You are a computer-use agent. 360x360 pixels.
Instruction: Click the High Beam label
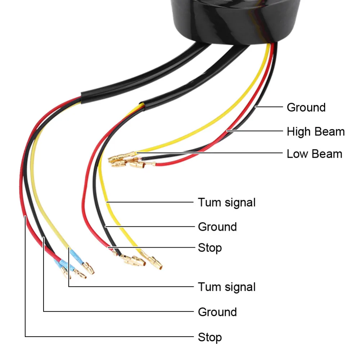pyautogui.click(x=315, y=132)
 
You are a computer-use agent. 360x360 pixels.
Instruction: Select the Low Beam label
pyautogui.click(x=314, y=154)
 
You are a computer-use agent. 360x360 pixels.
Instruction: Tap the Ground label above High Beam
pyautogui.click(x=306, y=107)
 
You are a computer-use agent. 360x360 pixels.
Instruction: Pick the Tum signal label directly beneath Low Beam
pyautogui.click(x=226, y=202)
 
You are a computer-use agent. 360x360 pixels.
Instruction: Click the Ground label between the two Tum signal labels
pyautogui.click(x=217, y=227)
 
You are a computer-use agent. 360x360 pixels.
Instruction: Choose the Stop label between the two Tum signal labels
pyautogui.click(x=210, y=248)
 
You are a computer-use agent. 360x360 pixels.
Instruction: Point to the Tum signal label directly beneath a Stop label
pyautogui.click(x=226, y=287)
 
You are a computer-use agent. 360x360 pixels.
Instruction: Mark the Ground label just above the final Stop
pyautogui.click(x=217, y=312)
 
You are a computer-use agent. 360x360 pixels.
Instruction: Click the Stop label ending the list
pyautogui.click(x=210, y=337)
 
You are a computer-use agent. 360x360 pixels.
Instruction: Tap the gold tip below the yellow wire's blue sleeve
pyautogui.click(x=89, y=269)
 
